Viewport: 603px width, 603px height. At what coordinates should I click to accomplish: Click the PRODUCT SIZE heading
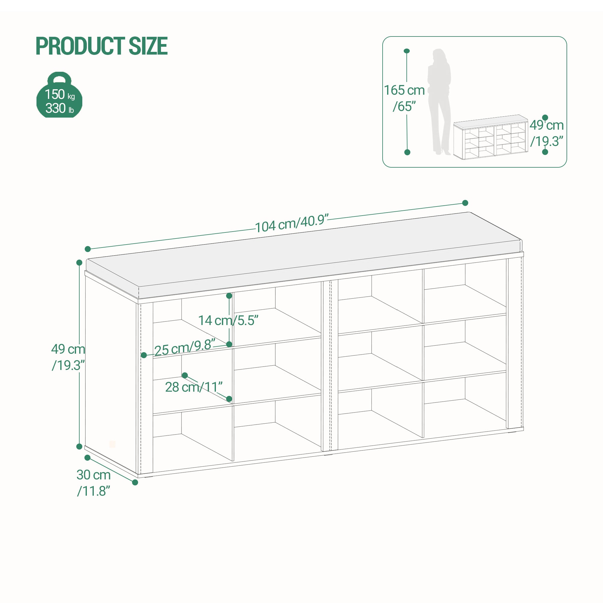point(102,46)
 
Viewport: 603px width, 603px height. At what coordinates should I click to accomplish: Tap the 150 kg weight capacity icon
point(59,95)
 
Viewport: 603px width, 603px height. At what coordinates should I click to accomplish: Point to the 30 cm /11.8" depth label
point(94,483)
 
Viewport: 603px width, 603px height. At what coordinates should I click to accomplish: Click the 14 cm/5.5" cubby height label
point(229,320)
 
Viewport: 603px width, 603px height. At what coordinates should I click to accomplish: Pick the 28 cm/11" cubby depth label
point(194,387)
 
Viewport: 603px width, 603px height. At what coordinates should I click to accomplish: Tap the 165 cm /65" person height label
point(404,98)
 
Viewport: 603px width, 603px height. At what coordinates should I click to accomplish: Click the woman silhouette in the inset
point(439,102)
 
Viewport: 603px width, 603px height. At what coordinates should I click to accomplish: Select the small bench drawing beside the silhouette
point(491,137)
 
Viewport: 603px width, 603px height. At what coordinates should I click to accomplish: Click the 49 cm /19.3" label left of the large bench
point(68,357)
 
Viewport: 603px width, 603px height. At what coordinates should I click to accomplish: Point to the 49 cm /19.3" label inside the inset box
point(547,133)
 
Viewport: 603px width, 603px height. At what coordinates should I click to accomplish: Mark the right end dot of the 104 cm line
point(465,203)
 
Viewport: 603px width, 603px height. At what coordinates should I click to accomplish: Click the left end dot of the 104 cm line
point(88,249)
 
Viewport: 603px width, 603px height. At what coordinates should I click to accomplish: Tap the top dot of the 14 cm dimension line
point(229,295)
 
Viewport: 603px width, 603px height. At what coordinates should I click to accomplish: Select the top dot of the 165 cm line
point(407,51)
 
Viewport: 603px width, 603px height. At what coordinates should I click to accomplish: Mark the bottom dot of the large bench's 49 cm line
point(79,446)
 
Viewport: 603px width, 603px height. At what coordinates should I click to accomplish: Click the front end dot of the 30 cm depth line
point(135,482)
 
